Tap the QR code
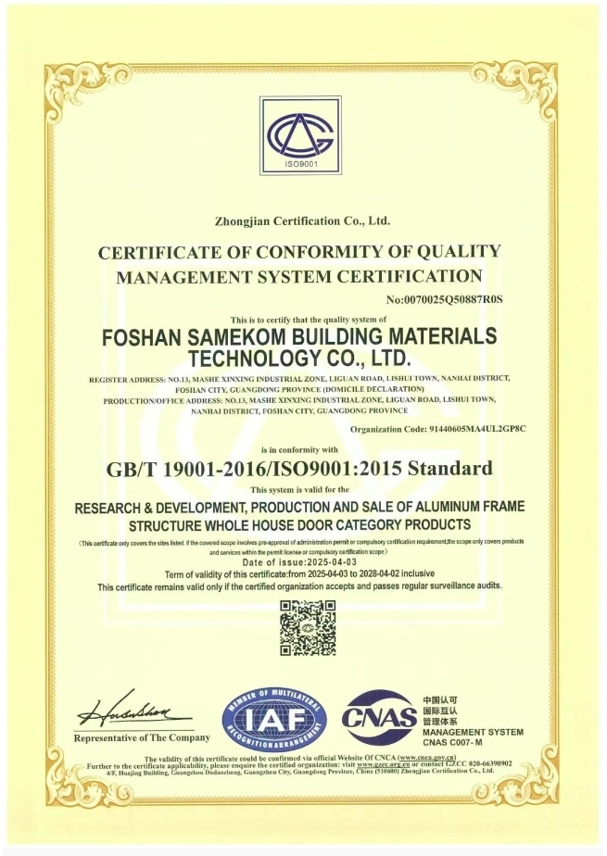[308, 628]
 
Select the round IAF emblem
[274, 720]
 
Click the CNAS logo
[378, 717]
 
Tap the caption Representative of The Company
[142, 737]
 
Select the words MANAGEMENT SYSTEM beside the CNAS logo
[473, 732]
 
